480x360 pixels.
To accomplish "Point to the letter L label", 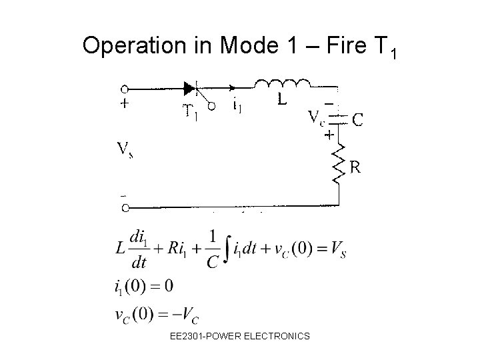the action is click(x=283, y=101).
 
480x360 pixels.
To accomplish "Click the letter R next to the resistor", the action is click(x=356, y=168).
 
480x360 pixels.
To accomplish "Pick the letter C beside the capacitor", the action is click(x=358, y=120).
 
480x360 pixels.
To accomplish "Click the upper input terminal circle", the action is click(x=125, y=87).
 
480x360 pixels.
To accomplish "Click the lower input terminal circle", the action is click(x=125, y=207).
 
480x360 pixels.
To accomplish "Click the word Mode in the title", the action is click(x=245, y=45).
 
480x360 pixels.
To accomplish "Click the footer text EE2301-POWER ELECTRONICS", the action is click(x=240, y=336).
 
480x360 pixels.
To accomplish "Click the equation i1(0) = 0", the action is click(x=144, y=286).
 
